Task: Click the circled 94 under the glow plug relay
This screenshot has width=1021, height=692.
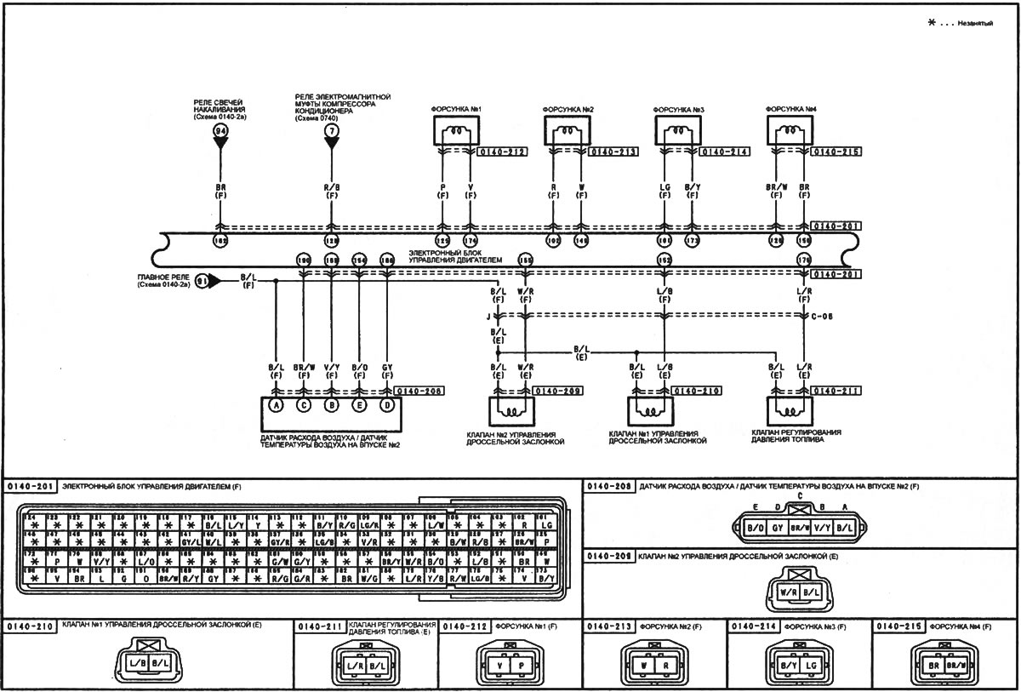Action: pyautogui.click(x=220, y=131)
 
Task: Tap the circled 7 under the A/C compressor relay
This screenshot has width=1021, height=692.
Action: pyautogui.click(x=331, y=131)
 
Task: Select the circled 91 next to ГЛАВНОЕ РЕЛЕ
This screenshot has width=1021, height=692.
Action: pyautogui.click(x=203, y=279)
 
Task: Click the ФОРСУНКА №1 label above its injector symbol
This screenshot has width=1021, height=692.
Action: pyautogui.click(x=456, y=108)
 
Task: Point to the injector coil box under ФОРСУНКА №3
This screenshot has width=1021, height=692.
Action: pyautogui.click(x=677, y=131)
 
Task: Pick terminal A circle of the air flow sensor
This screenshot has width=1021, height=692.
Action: pyautogui.click(x=276, y=405)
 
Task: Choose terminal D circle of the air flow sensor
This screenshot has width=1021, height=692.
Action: pyautogui.click(x=387, y=405)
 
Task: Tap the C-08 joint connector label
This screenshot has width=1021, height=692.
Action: pyautogui.click(x=823, y=317)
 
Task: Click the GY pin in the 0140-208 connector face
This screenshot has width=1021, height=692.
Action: pyautogui.click(x=777, y=528)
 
